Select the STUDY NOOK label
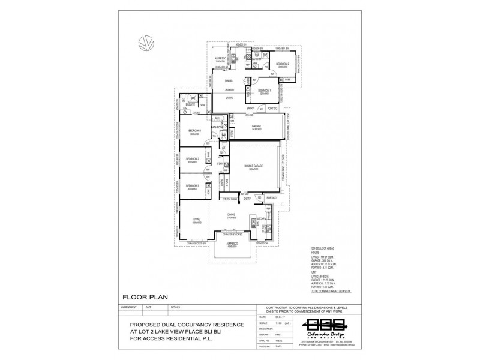[x=231, y=199]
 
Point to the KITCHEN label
[x=262, y=220]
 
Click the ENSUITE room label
[x=192, y=105]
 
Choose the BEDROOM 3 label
[x=193, y=187]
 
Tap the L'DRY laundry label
[x=220, y=163]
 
